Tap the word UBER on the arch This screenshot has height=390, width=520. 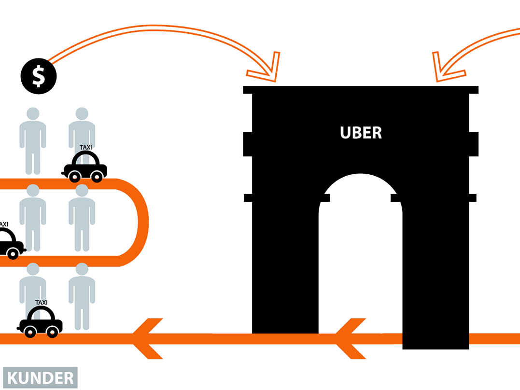361,133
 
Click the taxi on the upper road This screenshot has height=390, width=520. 85,167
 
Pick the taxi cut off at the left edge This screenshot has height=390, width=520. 10,243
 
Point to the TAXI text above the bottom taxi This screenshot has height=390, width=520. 42,303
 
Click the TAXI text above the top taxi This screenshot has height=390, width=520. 86,147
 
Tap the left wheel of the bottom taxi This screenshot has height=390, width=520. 30,332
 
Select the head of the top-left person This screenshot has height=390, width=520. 33,114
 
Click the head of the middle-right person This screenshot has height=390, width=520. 82,191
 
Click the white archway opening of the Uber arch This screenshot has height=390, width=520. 360,256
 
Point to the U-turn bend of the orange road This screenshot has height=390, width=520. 140,222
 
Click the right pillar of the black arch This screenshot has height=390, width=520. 435,270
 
